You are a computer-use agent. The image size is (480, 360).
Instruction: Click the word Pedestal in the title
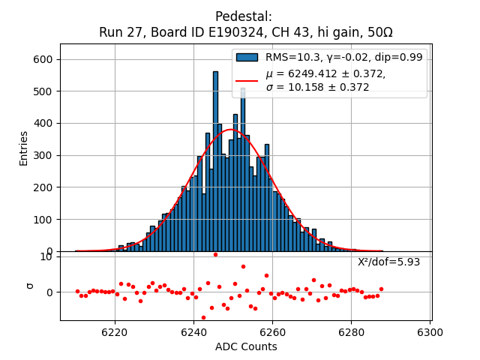tap(243, 16)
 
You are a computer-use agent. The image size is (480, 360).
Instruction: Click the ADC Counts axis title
tap(246, 346)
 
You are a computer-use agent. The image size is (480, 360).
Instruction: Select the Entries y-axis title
tap(24, 148)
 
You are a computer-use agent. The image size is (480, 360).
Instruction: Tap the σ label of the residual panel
tap(30, 285)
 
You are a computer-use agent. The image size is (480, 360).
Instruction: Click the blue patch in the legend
tap(247, 57)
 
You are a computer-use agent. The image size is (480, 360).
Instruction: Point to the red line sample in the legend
tap(247, 80)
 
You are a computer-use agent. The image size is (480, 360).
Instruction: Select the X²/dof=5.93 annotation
tap(388, 262)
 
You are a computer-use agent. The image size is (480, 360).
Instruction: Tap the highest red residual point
tap(215, 254)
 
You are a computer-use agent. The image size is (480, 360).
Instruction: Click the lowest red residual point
tap(203, 317)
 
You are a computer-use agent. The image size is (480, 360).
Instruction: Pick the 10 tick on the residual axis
tap(46, 256)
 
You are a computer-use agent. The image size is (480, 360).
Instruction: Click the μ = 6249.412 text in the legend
tap(325, 73)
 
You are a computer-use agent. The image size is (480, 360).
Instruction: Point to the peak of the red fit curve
tap(230, 129)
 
